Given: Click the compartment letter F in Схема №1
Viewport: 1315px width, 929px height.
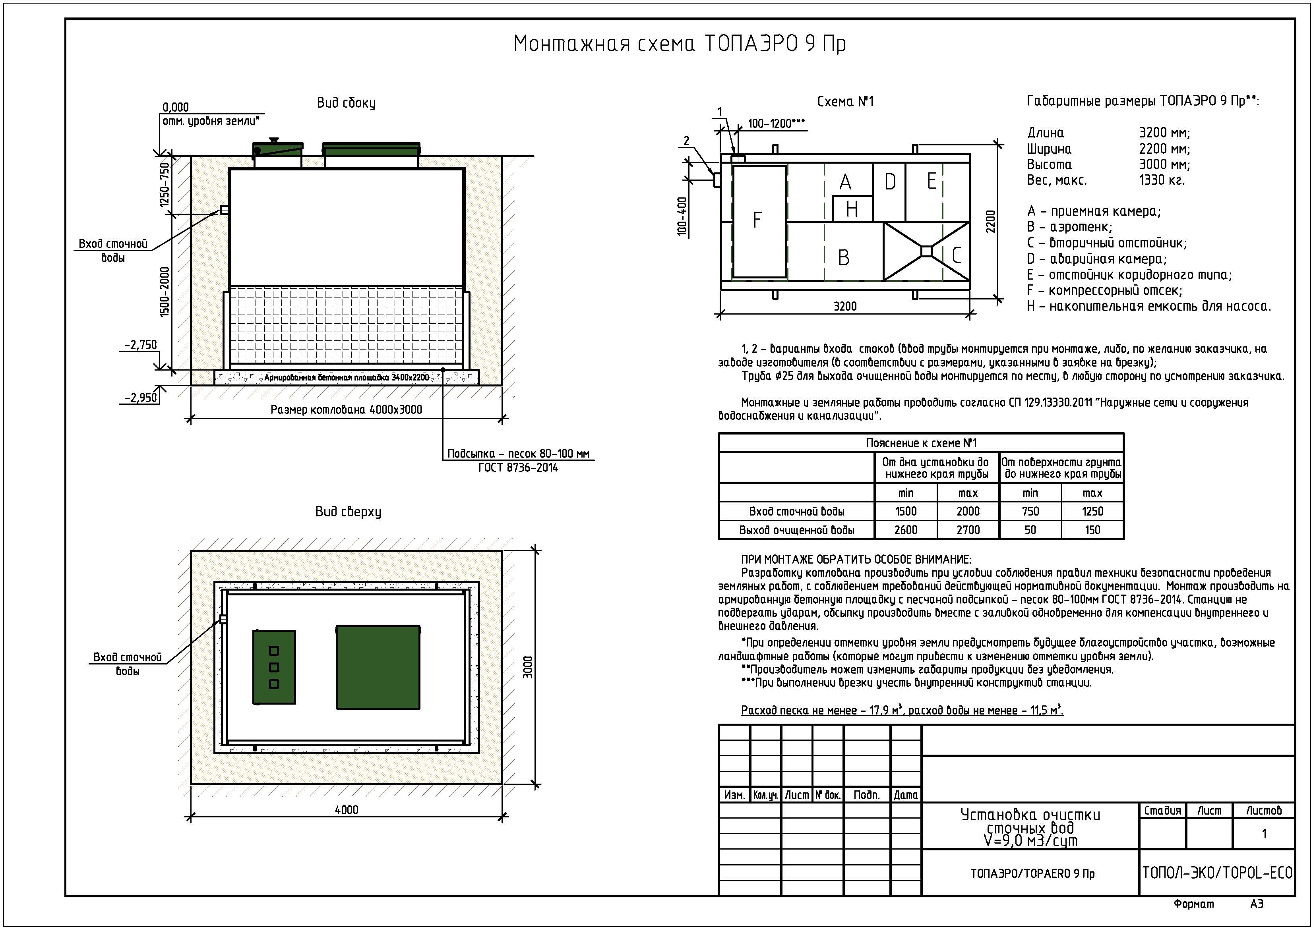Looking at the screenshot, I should click(757, 220).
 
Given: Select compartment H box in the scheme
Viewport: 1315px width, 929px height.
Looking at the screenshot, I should click(852, 209).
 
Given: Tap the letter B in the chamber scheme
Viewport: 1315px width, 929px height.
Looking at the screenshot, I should click(844, 258).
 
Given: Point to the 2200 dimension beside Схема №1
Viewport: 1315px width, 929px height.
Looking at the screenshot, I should click(991, 222).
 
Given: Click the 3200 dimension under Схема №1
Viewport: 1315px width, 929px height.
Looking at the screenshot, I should click(845, 307).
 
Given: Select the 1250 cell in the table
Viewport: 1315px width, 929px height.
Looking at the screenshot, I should click(1092, 512).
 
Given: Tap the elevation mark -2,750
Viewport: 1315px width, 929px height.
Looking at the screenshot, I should click(140, 345).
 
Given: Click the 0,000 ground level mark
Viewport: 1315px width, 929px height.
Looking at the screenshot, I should click(175, 107).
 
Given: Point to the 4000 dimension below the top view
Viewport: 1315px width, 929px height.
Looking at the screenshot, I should click(347, 810).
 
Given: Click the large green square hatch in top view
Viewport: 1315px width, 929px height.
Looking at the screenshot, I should click(378, 667).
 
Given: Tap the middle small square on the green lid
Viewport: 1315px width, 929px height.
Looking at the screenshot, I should click(274, 667).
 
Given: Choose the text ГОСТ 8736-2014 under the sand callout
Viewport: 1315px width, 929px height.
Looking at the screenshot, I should click(518, 467).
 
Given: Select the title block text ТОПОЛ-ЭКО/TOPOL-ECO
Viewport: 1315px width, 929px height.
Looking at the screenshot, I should click(1217, 873).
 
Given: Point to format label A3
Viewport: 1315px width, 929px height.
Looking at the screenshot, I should click(1257, 904).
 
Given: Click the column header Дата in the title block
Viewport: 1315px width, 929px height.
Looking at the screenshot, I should click(906, 795).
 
